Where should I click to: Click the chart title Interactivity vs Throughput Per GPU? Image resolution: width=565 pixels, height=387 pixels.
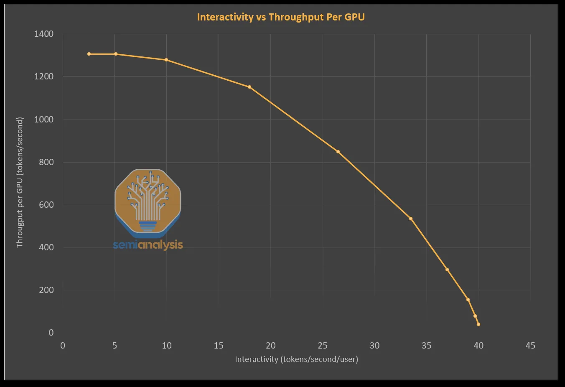point(280,17)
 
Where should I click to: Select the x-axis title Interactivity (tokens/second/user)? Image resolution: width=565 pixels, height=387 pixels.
point(296,359)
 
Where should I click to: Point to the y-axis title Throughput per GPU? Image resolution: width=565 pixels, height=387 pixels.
point(20,182)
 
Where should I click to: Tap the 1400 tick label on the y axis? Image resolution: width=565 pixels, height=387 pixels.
point(44,34)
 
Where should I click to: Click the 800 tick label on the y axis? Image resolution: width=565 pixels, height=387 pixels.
point(46,162)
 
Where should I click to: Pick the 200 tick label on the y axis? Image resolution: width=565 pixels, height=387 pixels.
point(46,290)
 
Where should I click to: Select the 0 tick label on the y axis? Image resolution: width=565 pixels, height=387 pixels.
point(51,333)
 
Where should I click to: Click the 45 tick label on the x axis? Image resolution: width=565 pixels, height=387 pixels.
point(530,346)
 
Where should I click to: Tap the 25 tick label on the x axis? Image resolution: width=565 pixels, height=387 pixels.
point(322,346)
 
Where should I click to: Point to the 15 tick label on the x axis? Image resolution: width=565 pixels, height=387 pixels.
point(219,346)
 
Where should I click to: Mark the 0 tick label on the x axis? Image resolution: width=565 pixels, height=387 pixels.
point(63,346)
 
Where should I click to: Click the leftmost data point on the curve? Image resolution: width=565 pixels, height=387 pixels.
point(89,54)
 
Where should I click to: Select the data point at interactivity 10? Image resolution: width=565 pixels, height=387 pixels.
point(166,60)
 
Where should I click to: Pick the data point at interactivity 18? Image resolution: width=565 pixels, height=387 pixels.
point(249,87)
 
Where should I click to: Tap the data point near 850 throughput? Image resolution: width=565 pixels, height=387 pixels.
point(338,152)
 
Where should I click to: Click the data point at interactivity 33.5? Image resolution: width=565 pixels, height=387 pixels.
point(411,219)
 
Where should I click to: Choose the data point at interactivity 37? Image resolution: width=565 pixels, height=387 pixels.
point(447,270)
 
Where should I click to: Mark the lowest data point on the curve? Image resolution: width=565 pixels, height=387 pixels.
point(478,324)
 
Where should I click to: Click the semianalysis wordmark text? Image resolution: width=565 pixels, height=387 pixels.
point(148,244)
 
